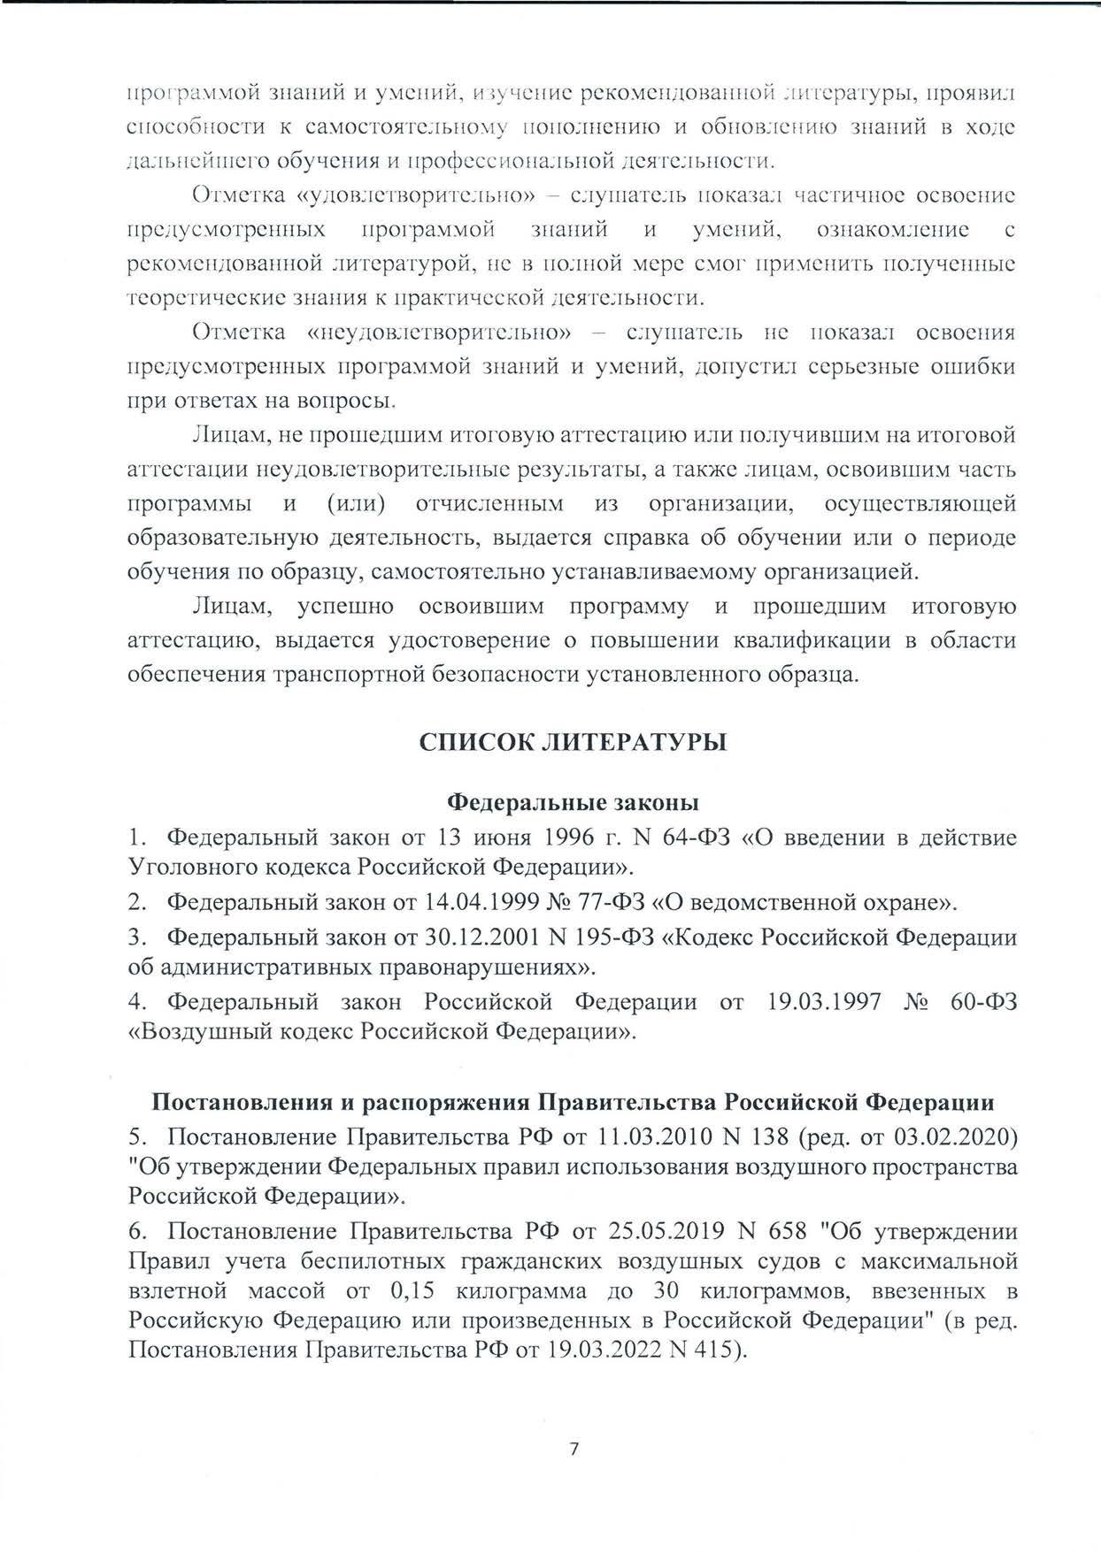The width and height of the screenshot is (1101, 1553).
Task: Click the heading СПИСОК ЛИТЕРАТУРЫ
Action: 573,742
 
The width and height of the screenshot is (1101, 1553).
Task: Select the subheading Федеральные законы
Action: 573,802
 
